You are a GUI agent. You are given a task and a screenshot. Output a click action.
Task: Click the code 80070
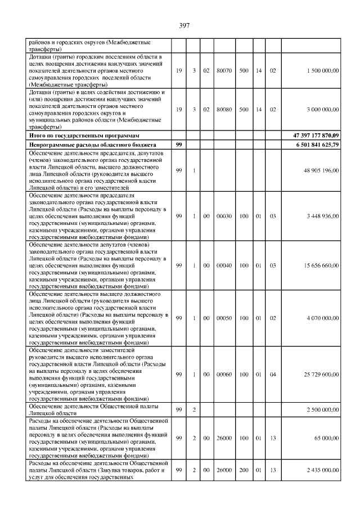[224, 70]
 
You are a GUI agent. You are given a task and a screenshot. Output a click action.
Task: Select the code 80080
[224, 110]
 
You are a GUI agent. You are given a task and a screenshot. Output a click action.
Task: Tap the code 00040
[224, 265]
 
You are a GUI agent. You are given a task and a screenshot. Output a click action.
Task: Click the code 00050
[224, 318]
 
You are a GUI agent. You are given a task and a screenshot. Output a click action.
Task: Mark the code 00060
[224, 374]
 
